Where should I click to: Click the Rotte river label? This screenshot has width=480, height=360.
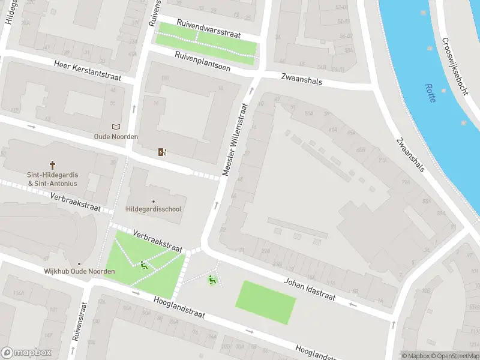pos(430,93)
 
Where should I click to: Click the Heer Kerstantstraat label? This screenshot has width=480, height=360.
pos(87,71)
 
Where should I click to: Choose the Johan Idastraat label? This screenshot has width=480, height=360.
pos(309,289)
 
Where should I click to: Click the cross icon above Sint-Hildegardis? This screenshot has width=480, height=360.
pos(52,164)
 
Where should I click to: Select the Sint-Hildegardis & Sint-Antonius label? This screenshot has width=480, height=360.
pos(52,179)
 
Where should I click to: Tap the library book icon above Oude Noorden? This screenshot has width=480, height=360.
pos(116,127)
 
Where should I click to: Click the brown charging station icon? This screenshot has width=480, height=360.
pos(161,152)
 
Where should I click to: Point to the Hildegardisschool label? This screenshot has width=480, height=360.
pos(154,209)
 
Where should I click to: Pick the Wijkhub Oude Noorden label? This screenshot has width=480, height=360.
pos(79,271)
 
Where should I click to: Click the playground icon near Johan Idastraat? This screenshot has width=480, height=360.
pos(211,279)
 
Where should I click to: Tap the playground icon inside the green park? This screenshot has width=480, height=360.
pos(143,265)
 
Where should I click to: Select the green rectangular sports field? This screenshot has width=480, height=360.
pos(266,302)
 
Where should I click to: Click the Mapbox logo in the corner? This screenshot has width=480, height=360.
pos(26,353)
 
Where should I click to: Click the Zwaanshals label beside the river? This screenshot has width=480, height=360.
pos(410,155)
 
